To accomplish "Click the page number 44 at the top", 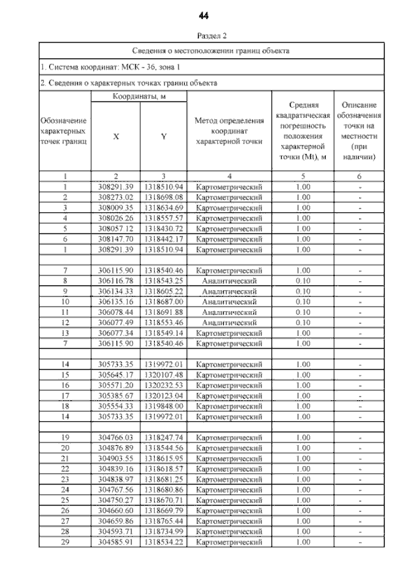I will pos(204,15).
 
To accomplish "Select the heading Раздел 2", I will pos(203,37).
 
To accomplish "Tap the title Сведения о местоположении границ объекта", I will pos(211,50).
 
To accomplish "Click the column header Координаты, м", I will pos(139,96).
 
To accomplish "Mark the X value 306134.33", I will pos(115,291).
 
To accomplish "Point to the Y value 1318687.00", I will pos(163,301).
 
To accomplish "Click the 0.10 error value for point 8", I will pos(303,281).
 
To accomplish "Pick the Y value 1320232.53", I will pos(163,385).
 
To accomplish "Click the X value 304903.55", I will pos(115,458).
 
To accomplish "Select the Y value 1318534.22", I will pos(163,542).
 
